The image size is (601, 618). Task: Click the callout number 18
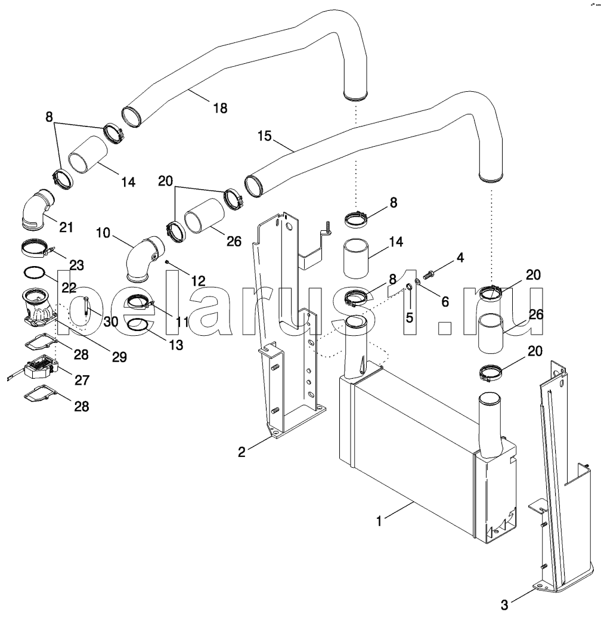click(220, 108)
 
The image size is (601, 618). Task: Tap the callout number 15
click(265, 136)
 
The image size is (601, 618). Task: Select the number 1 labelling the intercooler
click(379, 521)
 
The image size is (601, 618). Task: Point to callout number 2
click(242, 452)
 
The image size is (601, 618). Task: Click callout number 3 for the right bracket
click(504, 604)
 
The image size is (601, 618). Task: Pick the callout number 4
click(460, 258)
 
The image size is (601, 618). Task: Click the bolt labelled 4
click(429, 273)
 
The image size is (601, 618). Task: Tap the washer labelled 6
click(418, 281)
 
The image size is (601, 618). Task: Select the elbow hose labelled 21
click(38, 209)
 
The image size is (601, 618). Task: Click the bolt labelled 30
click(85, 306)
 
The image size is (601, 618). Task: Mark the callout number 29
click(120, 357)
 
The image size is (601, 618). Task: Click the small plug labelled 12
click(168, 262)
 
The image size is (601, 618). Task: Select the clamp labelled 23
click(37, 248)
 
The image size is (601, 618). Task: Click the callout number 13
click(176, 345)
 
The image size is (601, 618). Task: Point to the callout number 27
click(82, 380)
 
